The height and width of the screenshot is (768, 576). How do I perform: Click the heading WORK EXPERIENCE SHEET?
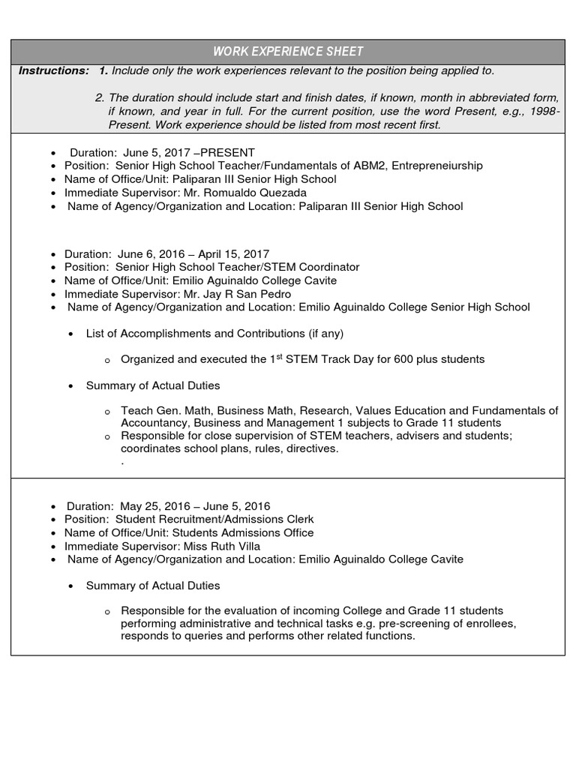288,52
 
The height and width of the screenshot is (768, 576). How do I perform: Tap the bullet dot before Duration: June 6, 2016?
52,254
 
